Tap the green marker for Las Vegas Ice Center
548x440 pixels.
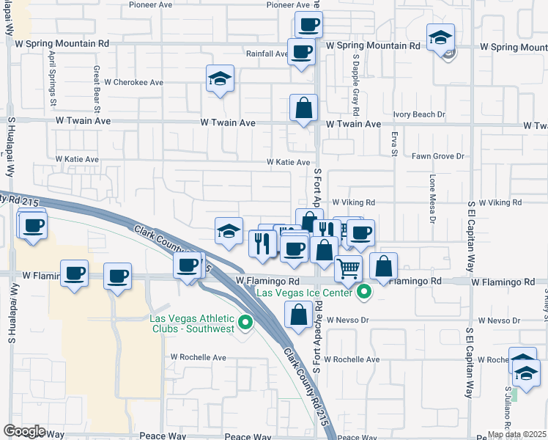(362, 295)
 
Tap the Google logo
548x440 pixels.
(25, 431)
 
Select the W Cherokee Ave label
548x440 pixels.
(133, 82)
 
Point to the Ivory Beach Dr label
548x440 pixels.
(419, 114)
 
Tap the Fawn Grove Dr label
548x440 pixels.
(438, 156)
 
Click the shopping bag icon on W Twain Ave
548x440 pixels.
(303, 109)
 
